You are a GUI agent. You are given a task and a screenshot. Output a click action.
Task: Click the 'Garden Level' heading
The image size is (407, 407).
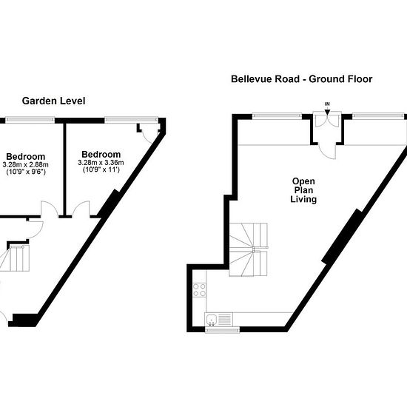pyautogui.click(x=53, y=101)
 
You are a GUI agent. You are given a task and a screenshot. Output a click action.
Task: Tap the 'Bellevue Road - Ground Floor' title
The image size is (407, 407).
pyautogui.click(x=302, y=79)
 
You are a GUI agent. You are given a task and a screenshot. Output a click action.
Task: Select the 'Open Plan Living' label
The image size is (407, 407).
pyautogui.click(x=303, y=190)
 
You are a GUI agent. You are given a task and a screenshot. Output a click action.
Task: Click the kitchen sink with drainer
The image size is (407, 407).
pyautogui.click(x=219, y=319)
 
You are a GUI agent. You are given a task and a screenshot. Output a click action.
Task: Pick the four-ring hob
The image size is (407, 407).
pyautogui.click(x=200, y=290)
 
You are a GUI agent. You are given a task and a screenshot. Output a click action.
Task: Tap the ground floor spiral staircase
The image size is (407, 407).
pyautogui.click(x=249, y=249)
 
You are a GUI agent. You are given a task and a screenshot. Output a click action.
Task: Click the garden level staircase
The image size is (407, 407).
pyautogui.click(x=15, y=258)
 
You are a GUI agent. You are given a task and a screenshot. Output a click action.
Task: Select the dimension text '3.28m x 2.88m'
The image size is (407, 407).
pyautogui.click(x=25, y=164)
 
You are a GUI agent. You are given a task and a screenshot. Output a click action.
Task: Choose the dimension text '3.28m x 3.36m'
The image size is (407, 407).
pyautogui.click(x=101, y=163)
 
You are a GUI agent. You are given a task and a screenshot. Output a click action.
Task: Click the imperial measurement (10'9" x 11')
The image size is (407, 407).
pyautogui.click(x=101, y=169)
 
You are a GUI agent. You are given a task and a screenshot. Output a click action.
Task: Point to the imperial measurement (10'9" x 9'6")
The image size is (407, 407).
pyautogui.click(x=26, y=172)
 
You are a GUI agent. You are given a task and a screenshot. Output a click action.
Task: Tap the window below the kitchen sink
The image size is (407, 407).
pyautogui.click(x=223, y=329)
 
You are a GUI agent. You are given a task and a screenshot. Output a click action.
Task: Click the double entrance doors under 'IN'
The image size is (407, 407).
pyautogui.click(x=327, y=121)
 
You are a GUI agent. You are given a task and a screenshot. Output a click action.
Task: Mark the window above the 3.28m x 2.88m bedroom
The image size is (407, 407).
pyautogui.click(x=30, y=120)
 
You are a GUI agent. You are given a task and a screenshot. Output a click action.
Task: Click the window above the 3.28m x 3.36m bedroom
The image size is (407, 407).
pyautogui.click(x=131, y=120)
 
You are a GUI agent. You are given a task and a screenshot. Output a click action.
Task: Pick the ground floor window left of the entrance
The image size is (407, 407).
pyautogui.click(x=277, y=115)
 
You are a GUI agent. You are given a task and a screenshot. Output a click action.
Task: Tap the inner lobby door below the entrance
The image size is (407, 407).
pyautogui.click(x=327, y=151)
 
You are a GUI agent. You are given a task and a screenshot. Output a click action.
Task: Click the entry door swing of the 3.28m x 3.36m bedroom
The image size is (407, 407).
pyautogui.click(x=81, y=208)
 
